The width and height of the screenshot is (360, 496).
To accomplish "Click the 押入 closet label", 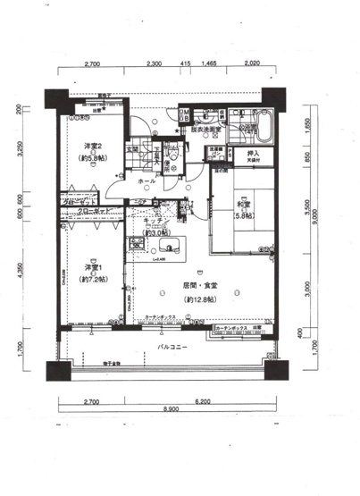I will [x=253, y=154].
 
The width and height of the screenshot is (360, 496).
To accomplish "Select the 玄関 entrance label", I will [x=132, y=148].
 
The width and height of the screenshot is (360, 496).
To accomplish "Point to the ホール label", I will [x=145, y=181].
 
